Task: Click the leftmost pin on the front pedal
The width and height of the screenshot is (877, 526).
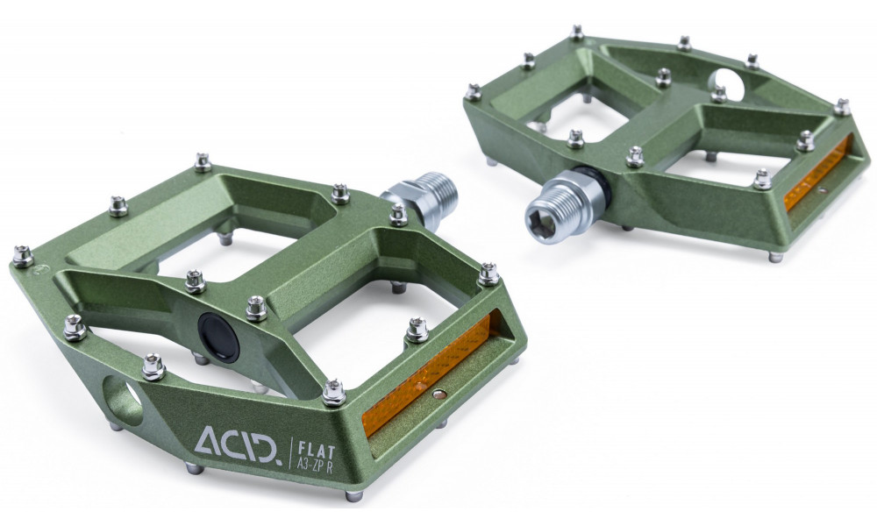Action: pos(24,256)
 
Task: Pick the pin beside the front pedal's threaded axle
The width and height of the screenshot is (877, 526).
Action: pos(398,214)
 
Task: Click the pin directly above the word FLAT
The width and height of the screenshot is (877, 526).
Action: pos(332,392)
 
